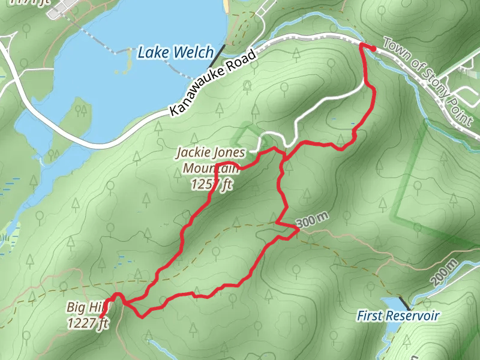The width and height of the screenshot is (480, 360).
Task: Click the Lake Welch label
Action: [175, 53]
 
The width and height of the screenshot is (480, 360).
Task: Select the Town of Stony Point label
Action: [427, 80]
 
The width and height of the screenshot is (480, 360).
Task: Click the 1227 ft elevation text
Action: [87, 323]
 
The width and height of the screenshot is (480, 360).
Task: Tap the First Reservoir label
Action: [398, 316]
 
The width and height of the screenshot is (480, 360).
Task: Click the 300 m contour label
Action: [313, 221]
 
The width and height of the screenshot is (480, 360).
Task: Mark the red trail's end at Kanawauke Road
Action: [373, 47]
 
